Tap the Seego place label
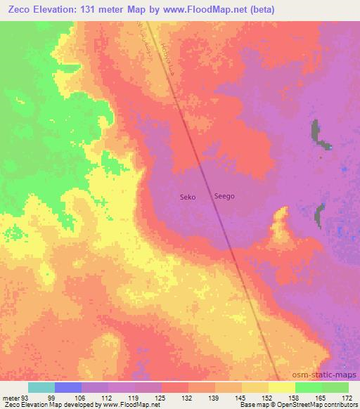pos(224,198)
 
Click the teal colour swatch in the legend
pos(41,387)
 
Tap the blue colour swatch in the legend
pos(68,387)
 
